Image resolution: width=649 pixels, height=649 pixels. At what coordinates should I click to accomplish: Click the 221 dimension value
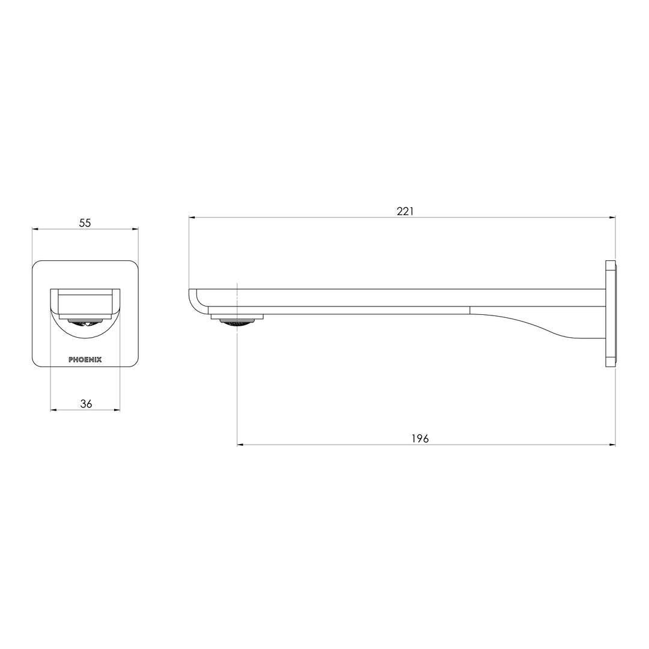[405, 211]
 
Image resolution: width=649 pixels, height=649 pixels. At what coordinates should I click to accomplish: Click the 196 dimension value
[420, 439]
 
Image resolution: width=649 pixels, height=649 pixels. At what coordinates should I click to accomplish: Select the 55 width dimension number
[85, 222]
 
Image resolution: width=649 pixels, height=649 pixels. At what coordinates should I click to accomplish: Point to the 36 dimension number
[86, 404]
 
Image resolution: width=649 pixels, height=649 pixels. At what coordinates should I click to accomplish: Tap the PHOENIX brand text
[85, 359]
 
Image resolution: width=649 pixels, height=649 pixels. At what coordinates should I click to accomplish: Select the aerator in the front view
[85, 323]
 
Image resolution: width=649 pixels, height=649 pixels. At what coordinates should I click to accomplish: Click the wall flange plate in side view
[611, 313]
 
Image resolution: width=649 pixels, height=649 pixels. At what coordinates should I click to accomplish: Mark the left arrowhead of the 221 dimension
[192, 218]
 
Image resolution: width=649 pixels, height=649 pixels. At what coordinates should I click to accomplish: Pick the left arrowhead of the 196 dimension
[240, 445]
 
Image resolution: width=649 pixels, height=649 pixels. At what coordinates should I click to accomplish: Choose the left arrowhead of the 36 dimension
[53, 410]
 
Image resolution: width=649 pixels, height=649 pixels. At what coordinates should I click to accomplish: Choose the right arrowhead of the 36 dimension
[117, 410]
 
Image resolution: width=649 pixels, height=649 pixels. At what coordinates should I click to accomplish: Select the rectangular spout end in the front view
[85, 303]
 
